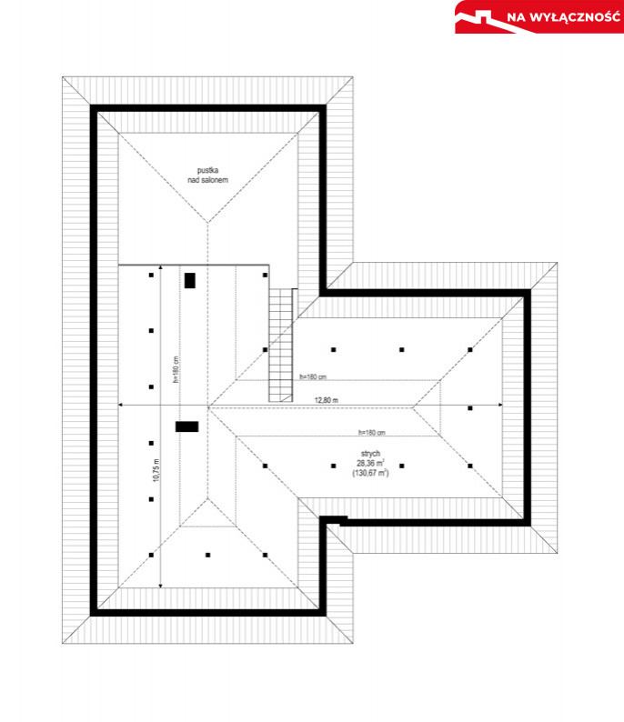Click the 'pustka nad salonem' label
click(x=207, y=175)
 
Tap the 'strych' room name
click(x=370, y=454)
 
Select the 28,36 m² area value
click(x=371, y=463)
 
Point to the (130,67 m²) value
click(x=371, y=473)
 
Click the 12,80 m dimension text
click(x=326, y=400)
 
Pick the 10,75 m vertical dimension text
click(x=156, y=470)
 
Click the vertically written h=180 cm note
click(x=175, y=370)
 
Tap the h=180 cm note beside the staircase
click(x=313, y=377)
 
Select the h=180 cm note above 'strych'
click(x=372, y=433)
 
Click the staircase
click(x=280, y=346)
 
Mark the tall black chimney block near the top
click(x=190, y=280)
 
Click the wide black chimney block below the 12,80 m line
click(x=187, y=426)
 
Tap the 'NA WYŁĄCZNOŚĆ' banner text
click(x=564, y=17)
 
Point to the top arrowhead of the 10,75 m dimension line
click(x=160, y=266)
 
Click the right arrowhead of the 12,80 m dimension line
click(x=500, y=405)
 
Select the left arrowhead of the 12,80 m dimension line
click(x=121, y=405)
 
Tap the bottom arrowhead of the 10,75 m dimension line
click(x=160, y=586)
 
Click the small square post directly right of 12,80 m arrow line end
click(x=470, y=408)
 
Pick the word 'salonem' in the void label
click(x=215, y=180)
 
